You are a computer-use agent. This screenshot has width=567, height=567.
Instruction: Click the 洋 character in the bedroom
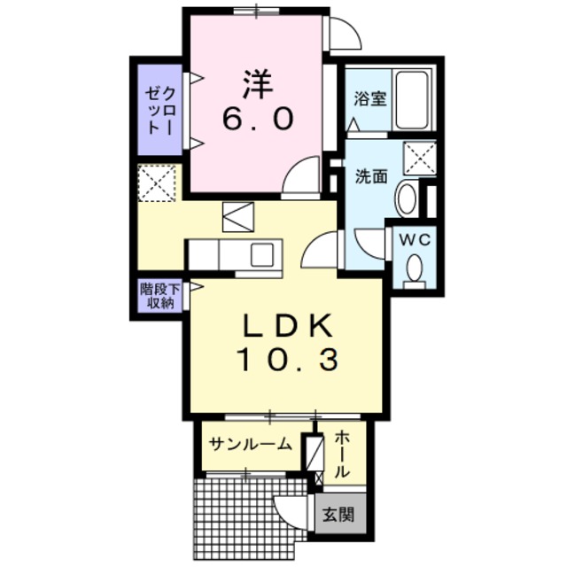(x=256, y=83)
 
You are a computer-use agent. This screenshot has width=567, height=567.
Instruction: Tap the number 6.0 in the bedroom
(x=256, y=119)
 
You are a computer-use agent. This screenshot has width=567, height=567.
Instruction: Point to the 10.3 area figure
(x=288, y=360)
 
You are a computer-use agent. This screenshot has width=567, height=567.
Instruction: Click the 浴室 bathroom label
(x=370, y=98)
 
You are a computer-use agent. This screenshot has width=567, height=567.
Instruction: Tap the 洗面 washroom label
(x=372, y=175)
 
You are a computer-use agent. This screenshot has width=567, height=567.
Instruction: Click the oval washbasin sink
(x=407, y=198)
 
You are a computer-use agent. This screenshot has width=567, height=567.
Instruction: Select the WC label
(x=411, y=239)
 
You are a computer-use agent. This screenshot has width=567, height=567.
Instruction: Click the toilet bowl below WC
(x=412, y=268)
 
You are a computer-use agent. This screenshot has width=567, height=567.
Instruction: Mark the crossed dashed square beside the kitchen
(x=157, y=183)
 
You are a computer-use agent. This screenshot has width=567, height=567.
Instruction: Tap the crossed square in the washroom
(x=418, y=157)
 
